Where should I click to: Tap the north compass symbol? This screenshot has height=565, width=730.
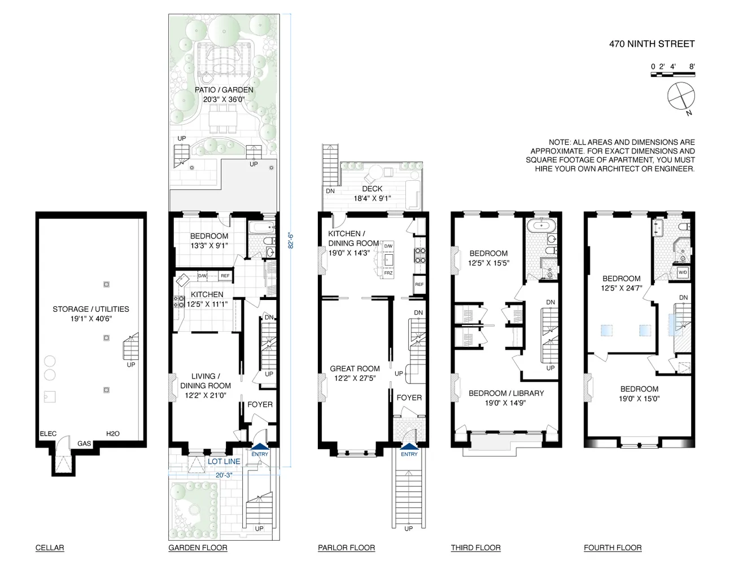[681, 97]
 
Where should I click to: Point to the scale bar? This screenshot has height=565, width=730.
[672, 74]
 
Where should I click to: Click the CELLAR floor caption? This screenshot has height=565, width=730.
[50, 547]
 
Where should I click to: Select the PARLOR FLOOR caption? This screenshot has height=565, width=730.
[346, 547]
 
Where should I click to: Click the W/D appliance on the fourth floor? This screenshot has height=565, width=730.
[683, 272]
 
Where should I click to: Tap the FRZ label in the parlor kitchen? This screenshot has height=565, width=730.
[388, 273]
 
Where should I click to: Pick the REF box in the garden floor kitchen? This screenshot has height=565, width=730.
[225, 276]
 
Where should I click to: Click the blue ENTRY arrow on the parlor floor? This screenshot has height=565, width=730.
[409, 446]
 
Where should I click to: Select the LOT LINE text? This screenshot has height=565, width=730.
[224, 462]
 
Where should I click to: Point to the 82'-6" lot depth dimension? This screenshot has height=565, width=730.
[291, 241]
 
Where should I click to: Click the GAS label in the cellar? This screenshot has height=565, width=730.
[84, 444]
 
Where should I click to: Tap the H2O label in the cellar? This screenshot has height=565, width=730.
[112, 433]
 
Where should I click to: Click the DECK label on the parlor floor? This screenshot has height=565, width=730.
[372, 189]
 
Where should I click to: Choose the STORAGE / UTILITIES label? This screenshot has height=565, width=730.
[91, 309]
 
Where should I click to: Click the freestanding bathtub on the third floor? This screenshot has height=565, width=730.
[541, 225]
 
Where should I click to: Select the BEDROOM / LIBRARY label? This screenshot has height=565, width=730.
[506, 393]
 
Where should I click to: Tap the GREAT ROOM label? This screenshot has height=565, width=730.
[355, 368]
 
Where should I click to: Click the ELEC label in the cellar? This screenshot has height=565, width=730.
[48, 433]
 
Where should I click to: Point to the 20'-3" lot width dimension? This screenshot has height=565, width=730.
[224, 475]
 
